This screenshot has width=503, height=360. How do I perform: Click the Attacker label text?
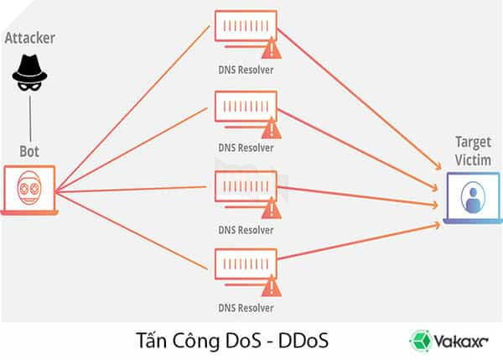[29, 39]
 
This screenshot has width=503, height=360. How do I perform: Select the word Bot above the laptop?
[29, 153]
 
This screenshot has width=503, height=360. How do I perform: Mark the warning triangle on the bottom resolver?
[270, 285]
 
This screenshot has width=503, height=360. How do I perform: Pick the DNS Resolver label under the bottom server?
[246, 308]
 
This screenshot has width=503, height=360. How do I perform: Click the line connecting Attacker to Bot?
[29, 118]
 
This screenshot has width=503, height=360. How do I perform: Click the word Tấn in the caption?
[151, 340]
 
